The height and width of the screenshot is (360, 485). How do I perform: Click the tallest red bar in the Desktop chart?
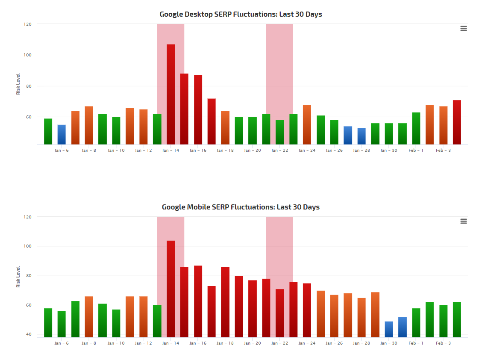(170, 94)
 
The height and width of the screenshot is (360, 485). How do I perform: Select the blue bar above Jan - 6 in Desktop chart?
(62, 135)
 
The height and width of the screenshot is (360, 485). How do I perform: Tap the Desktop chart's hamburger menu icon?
(464, 28)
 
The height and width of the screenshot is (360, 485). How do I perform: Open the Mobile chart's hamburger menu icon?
(464, 221)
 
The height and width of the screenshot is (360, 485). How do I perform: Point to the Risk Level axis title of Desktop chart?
(18, 84)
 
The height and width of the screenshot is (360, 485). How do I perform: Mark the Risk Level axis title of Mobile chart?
(18, 277)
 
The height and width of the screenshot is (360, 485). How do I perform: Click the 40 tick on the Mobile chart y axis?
(29, 334)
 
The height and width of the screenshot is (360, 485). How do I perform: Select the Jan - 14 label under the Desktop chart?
(170, 150)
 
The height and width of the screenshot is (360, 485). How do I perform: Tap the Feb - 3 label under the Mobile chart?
(443, 343)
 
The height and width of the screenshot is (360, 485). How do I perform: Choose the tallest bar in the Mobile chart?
(170, 289)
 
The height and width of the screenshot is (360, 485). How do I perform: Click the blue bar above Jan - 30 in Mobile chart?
(389, 329)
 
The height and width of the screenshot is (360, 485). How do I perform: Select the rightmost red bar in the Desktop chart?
(457, 122)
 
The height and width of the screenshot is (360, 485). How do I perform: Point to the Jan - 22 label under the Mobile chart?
(279, 343)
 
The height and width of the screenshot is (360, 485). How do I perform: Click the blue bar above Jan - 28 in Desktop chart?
(362, 136)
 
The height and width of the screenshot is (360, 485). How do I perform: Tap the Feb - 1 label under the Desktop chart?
(416, 150)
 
